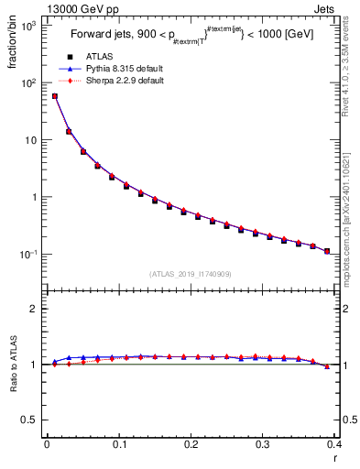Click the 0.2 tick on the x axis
point(191,444)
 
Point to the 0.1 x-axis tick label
point(119,444)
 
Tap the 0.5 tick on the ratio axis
point(33,420)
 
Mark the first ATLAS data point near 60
point(55,96)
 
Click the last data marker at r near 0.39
point(327,250)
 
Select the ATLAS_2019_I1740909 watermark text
point(190,274)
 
